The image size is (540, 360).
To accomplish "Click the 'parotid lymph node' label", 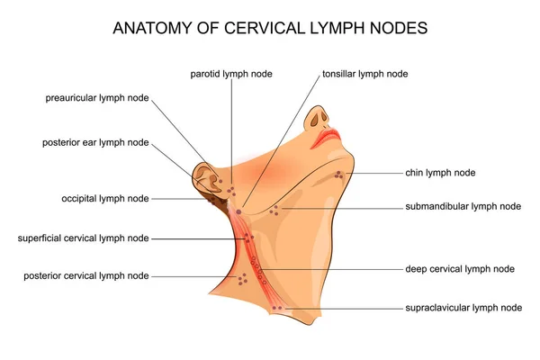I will pyautogui.click(x=230, y=73).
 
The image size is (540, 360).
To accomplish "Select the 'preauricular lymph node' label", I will pyautogui.click(x=96, y=97).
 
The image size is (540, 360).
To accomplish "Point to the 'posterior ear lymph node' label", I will pyautogui.click(x=95, y=142).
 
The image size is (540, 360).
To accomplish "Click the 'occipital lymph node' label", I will pyautogui.click(x=105, y=198).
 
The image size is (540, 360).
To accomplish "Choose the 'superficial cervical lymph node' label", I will pyautogui.click(x=84, y=238).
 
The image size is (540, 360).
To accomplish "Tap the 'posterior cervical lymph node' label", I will pyautogui.click(x=86, y=275).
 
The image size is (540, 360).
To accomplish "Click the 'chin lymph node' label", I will pyautogui.click(x=440, y=172).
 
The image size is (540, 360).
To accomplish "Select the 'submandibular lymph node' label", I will pyautogui.click(x=463, y=206).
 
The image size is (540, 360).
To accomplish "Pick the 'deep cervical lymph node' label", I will pyautogui.click(x=460, y=268).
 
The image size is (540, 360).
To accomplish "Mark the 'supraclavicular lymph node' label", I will pyautogui.click(x=463, y=308).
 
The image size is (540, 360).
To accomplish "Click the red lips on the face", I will pyautogui.click(x=326, y=138).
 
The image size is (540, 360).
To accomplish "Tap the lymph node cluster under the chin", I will pyautogui.click(x=338, y=174).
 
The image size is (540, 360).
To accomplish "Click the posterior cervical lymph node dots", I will pyautogui.click(x=241, y=280).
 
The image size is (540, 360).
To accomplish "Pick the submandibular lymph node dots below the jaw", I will pyautogui.click(x=274, y=210).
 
